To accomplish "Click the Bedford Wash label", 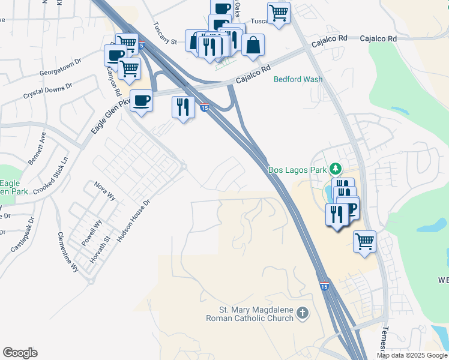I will [x=298, y=79].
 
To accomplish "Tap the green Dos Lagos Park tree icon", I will [x=337, y=169].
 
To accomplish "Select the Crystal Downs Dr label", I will [x=47, y=91].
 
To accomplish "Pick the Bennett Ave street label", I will [x=36, y=149].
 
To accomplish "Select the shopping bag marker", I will [x=253, y=45].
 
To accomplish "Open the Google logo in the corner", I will [x=20, y=353].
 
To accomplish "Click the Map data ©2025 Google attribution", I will [x=412, y=355].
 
